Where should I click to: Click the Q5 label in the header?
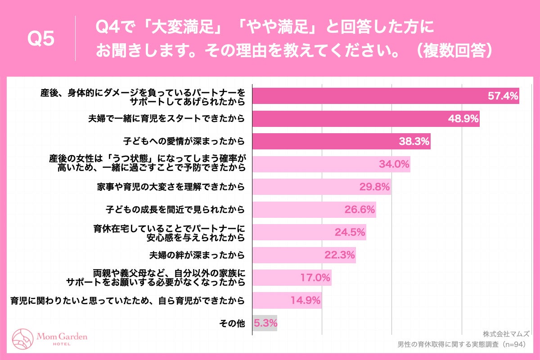pyautogui.click(x=41, y=40)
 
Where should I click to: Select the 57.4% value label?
pyautogui.click(x=503, y=96)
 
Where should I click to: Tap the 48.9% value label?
pyautogui.click(x=463, y=119)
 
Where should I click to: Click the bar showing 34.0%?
pyautogui.click(x=331, y=164)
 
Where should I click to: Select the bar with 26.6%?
pyautogui.click(x=314, y=210)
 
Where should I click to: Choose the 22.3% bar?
pyautogui.click(x=304, y=255)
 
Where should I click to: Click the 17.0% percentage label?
pyautogui.click(x=315, y=278)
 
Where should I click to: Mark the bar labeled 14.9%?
pyautogui.click(x=287, y=300)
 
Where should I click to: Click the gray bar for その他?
pyautogui.click(x=264, y=323)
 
